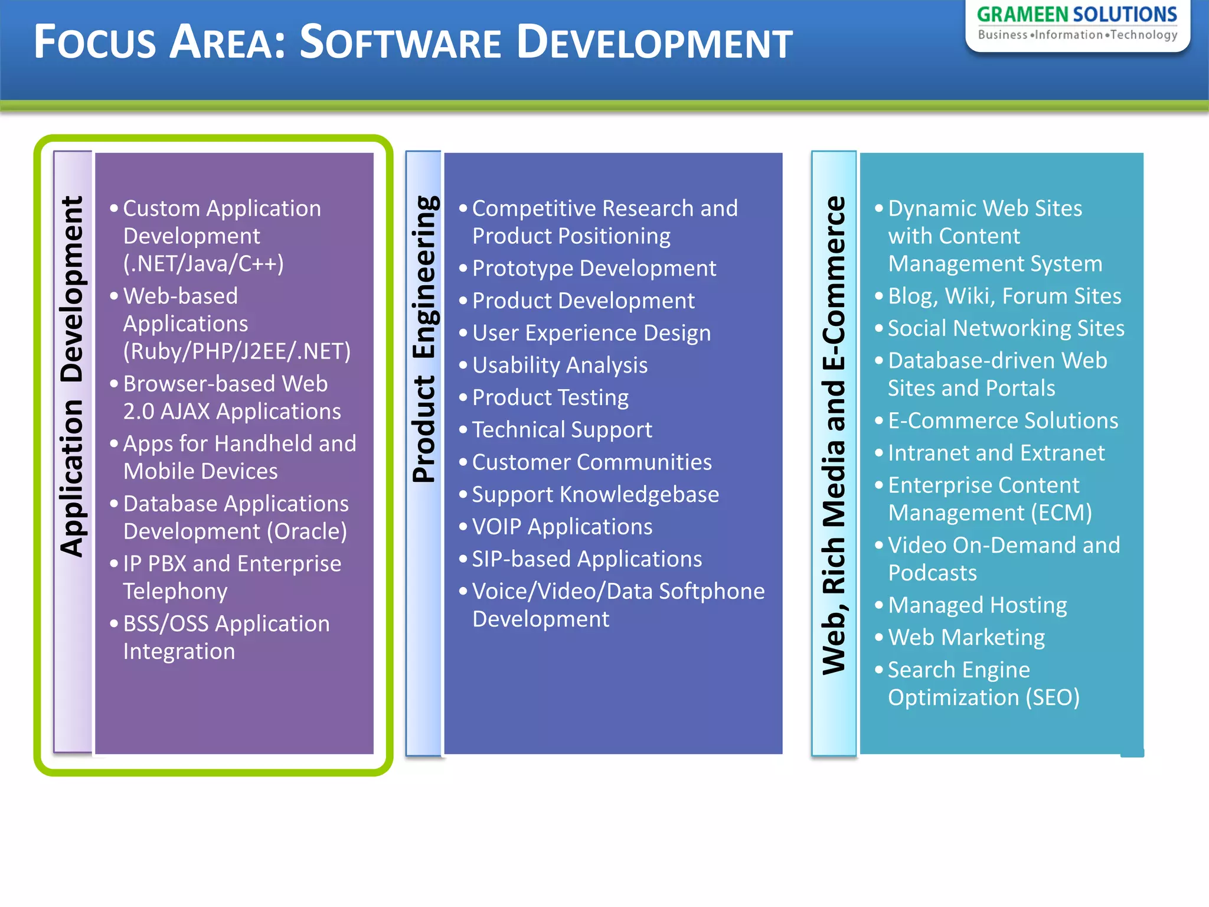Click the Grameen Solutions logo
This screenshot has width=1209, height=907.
tap(1077, 24)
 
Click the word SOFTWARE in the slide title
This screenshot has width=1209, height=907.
tap(400, 43)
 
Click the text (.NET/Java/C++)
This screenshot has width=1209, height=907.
tap(203, 263)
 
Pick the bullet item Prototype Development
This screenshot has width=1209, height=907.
tap(593, 269)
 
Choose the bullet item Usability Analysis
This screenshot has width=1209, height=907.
tap(559, 366)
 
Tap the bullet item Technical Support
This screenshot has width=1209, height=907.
tap(561, 430)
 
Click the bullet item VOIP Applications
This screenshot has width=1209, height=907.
tap(561, 527)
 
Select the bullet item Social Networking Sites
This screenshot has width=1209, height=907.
tap(1005, 328)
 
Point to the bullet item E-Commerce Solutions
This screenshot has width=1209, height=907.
tap(1002, 421)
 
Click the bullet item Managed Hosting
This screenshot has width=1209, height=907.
tap(977, 605)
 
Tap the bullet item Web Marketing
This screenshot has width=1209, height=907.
tap(966, 638)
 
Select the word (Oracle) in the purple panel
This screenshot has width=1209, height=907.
tap(306, 531)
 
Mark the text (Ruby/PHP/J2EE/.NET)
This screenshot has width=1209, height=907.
tap(237, 351)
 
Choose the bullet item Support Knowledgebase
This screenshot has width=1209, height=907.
tap(595, 495)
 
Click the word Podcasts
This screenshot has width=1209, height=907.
tap(932, 573)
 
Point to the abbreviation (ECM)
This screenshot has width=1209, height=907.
tap(1061, 513)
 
